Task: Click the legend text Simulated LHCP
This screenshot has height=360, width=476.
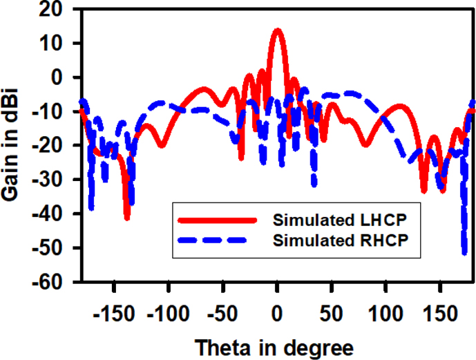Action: (x=337, y=221)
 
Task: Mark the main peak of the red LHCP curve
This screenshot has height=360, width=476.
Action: (x=277, y=30)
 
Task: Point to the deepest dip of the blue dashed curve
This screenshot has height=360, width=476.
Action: (x=465, y=253)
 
